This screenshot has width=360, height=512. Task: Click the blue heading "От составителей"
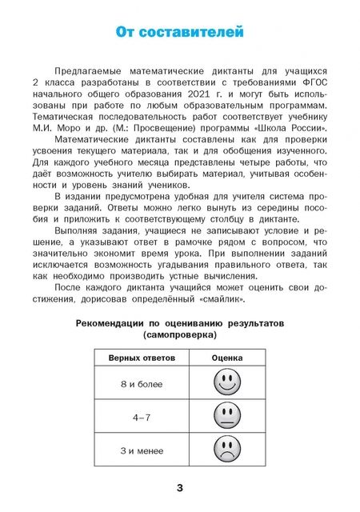179,33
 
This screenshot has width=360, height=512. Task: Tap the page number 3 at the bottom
180,488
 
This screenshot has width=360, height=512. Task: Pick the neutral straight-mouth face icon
227,416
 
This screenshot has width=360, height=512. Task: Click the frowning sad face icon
227,450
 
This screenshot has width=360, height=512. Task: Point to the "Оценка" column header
227,358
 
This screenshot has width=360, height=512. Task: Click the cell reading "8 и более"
141,385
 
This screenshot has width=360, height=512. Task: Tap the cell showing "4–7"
141,418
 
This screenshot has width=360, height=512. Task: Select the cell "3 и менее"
141,450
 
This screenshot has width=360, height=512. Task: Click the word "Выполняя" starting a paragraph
76,230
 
